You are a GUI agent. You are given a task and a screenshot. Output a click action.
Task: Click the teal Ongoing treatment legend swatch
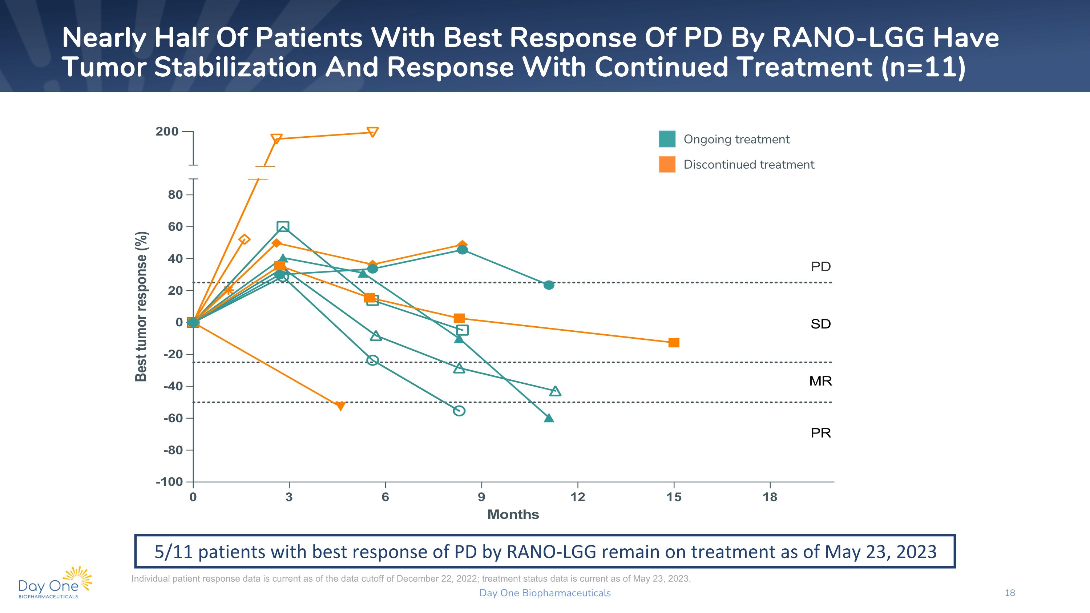[667, 139]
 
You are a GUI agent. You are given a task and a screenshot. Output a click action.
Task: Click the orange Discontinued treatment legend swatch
[667, 165]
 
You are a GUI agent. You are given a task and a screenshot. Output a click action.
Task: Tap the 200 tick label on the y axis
[167, 132]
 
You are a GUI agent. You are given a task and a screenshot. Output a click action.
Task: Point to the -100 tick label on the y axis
[169, 482]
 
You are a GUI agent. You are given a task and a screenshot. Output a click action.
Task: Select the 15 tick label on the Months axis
[674, 497]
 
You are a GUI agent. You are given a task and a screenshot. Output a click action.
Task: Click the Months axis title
[513, 515]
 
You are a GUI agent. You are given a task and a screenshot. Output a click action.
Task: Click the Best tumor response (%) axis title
[141, 306]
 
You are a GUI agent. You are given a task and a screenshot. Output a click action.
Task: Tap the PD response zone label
[820, 266]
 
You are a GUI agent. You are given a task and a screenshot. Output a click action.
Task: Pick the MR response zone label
[820, 381]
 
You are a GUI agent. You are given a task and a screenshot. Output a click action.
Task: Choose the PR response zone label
[820, 433]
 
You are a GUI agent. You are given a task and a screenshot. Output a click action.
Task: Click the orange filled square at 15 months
[674, 343]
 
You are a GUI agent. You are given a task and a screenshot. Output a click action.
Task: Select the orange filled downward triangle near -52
[340, 406]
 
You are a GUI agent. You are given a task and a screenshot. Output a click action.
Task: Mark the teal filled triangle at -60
[549, 418]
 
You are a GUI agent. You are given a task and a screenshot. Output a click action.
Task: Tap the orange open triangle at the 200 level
[372, 132]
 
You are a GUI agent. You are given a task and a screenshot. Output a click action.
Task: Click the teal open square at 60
[283, 227]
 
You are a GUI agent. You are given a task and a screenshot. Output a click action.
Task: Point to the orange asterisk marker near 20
[228, 290]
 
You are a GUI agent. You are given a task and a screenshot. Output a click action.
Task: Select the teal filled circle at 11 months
[549, 285]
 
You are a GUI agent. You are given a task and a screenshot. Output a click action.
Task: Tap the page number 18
[1010, 593]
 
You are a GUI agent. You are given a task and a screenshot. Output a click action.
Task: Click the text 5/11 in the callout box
[173, 552]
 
